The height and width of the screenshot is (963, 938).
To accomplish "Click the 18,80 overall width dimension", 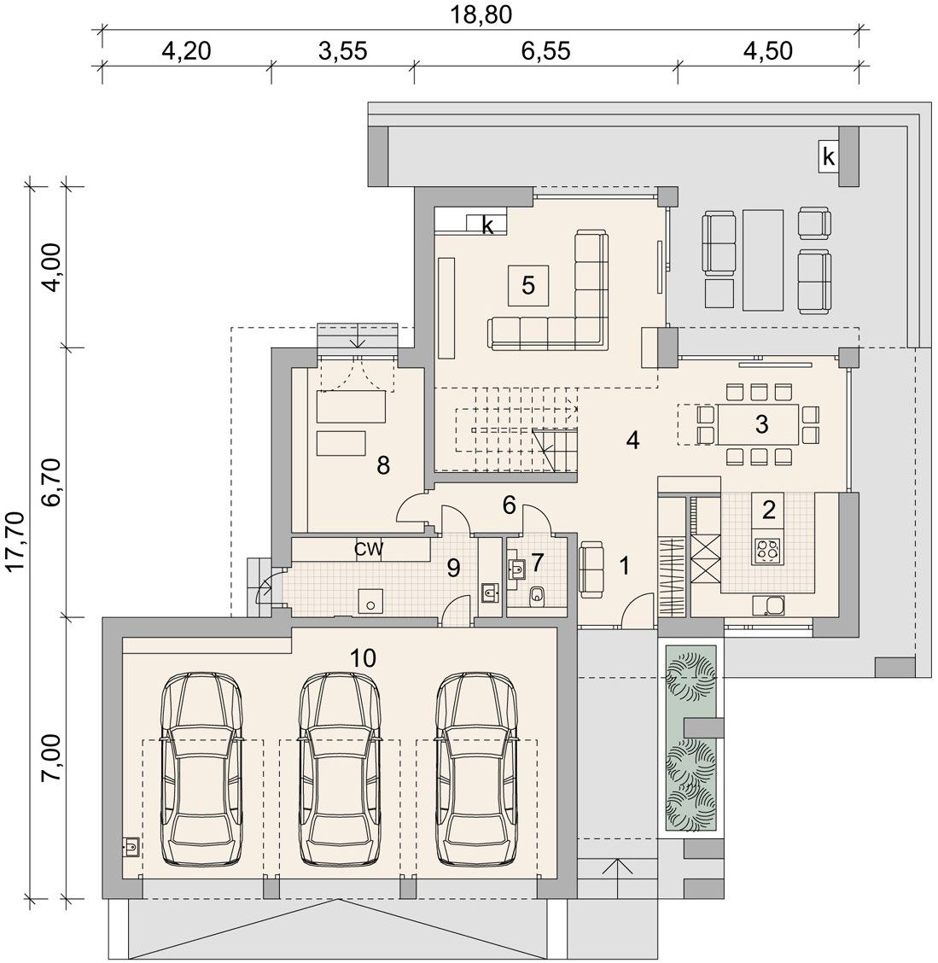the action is pyautogui.click(x=481, y=14).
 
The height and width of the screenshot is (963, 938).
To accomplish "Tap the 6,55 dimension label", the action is pyautogui.click(x=545, y=50).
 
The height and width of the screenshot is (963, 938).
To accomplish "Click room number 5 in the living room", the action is pyautogui.click(x=528, y=285).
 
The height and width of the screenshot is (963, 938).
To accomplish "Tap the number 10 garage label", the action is pyautogui.click(x=363, y=657).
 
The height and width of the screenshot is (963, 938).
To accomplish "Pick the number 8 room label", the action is pyautogui.click(x=383, y=465).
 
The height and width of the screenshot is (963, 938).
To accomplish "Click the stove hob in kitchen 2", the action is pyautogui.click(x=767, y=551).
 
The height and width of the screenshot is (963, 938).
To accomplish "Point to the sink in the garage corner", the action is pyautogui.click(x=131, y=847).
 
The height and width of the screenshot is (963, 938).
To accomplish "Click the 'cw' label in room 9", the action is pyautogui.click(x=369, y=548).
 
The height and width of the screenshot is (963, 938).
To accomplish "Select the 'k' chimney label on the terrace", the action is pyautogui.click(x=829, y=157).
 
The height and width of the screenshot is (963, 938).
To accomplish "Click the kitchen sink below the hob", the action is pyautogui.click(x=767, y=605).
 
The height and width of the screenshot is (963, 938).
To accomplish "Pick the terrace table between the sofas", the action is pyautogui.click(x=762, y=260).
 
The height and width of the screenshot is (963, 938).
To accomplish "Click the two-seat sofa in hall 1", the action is pyautogui.click(x=591, y=569).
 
